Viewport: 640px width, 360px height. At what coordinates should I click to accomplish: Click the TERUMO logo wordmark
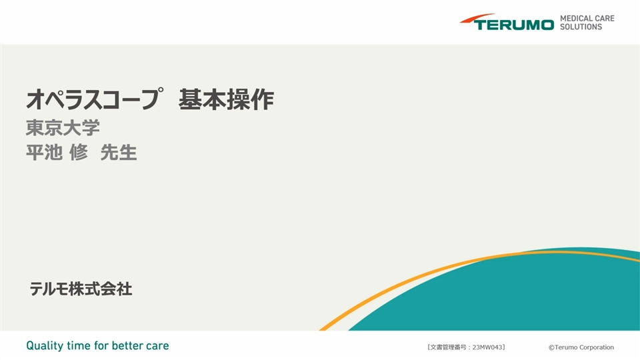[514, 25]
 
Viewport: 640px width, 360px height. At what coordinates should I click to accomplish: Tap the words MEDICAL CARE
[587, 19]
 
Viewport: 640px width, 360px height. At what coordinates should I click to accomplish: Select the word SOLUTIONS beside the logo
[581, 27]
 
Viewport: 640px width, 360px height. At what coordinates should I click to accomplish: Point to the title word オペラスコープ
[95, 99]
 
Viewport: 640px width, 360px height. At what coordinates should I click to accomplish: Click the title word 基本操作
[226, 99]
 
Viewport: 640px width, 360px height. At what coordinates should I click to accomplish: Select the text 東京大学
[63, 128]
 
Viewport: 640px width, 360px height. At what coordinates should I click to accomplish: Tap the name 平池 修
[57, 152]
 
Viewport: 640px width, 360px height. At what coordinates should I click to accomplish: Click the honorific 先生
[119, 152]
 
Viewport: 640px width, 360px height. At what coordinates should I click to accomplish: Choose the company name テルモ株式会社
[81, 289]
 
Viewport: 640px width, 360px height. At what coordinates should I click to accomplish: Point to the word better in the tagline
[127, 346]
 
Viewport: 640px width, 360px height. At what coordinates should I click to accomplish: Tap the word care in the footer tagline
[157, 346]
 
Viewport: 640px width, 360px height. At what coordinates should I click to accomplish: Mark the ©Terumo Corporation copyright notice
[581, 347]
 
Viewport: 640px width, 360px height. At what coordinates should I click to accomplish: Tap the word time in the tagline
[79, 346]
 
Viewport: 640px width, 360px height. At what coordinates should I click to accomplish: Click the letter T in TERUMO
[479, 25]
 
